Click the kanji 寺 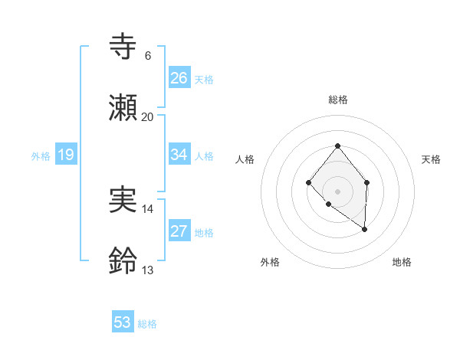point(123,47)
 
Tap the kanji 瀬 point(123,107)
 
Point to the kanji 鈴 point(123,261)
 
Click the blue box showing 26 point(179,78)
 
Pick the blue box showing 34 point(179,155)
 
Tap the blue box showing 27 point(179,232)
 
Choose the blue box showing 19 point(66,155)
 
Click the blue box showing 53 point(123,322)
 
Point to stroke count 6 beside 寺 point(147,56)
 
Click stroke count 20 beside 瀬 point(147,116)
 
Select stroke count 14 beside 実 point(147,208)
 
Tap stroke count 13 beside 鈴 point(147,270)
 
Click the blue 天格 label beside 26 point(204,80)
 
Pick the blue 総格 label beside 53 point(147,324)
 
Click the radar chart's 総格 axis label point(338,100)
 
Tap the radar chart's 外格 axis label point(270,262)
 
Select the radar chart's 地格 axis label point(402,262)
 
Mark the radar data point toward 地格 point(364,229)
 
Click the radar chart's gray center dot point(337,191)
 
